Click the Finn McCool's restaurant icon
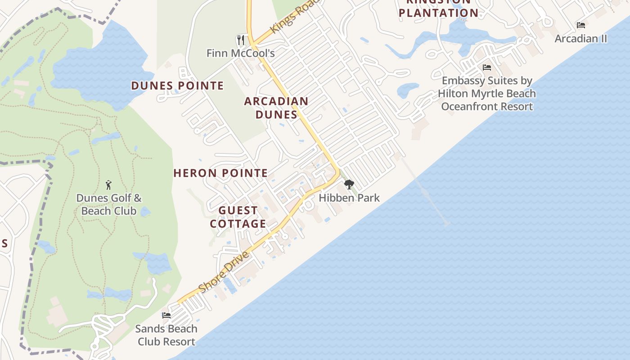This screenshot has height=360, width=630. pos(241,40)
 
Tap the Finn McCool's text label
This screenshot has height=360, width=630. pos(240,53)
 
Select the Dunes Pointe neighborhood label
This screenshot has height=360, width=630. pos(177,85)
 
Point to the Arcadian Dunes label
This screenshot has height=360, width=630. pos(276,108)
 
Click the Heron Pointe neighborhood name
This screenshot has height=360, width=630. pos(220,173)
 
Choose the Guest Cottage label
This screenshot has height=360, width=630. pos(238,217)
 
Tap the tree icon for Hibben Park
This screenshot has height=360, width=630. pos(349,184)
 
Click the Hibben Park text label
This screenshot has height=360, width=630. pos(349,198)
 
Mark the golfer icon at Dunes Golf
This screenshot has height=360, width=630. pos(108,185)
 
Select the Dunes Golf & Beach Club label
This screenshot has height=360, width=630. pos(108,204)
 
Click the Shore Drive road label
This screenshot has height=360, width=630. pos(223,272)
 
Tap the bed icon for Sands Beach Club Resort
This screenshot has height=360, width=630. pos(166,315)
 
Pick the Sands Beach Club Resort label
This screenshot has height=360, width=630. pos(166,335)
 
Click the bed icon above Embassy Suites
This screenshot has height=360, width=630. pos(486,67)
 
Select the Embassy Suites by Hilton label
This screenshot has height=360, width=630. pos(487,94)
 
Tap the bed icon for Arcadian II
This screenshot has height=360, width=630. pos(581,25)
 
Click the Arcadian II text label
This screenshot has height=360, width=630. pos(581,39)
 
